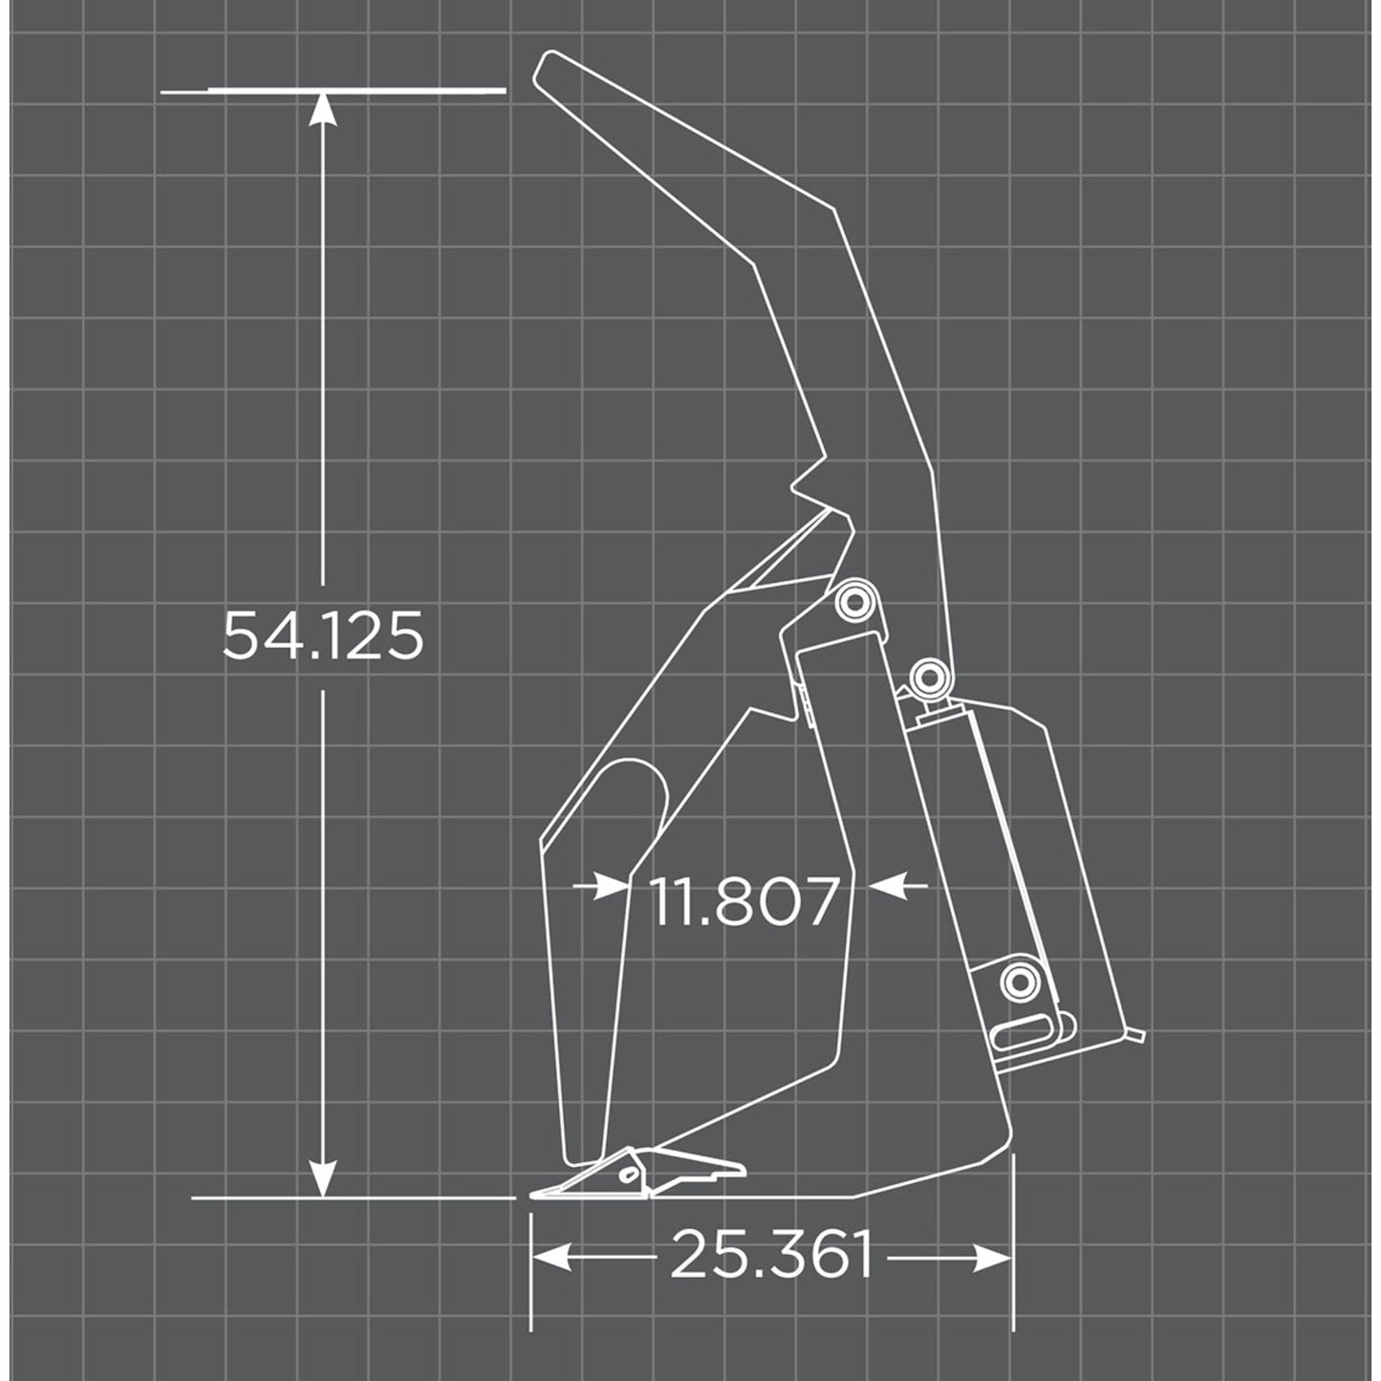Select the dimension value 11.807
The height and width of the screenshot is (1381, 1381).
click(x=745, y=901)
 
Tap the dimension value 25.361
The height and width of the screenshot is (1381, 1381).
click(x=772, y=1255)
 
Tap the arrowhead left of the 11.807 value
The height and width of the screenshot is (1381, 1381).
click(x=612, y=887)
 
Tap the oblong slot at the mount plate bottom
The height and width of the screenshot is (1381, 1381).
click(x=1023, y=1034)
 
